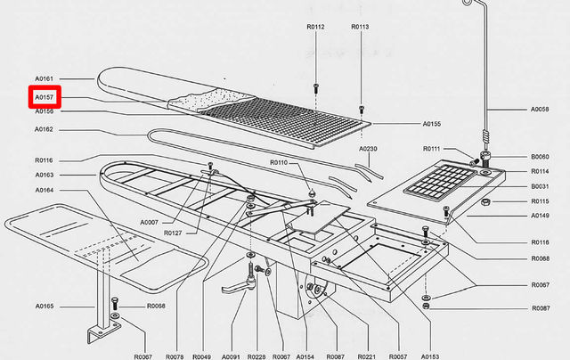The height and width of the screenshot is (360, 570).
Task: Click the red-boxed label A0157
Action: click(x=45, y=97)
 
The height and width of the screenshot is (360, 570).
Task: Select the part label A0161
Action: click(x=45, y=78)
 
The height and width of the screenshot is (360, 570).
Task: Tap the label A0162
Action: click(x=45, y=129)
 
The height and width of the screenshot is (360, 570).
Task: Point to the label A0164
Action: click(x=45, y=190)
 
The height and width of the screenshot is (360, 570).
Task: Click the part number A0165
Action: click(x=45, y=306)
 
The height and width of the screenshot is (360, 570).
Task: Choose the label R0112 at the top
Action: click(x=315, y=27)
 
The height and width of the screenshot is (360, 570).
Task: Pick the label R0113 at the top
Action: click(x=360, y=27)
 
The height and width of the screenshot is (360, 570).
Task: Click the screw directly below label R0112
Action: click(x=315, y=87)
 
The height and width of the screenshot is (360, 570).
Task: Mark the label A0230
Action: click(x=369, y=149)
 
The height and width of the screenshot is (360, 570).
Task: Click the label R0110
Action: click(x=279, y=164)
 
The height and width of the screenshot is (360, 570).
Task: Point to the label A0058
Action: click(x=540, y=110)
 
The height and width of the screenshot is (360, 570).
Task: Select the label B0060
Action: click(x=540, y=156)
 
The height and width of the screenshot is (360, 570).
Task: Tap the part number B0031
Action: click(x=540, y=186)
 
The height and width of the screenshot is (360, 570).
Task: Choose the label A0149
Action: click(x=540, y=215)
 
